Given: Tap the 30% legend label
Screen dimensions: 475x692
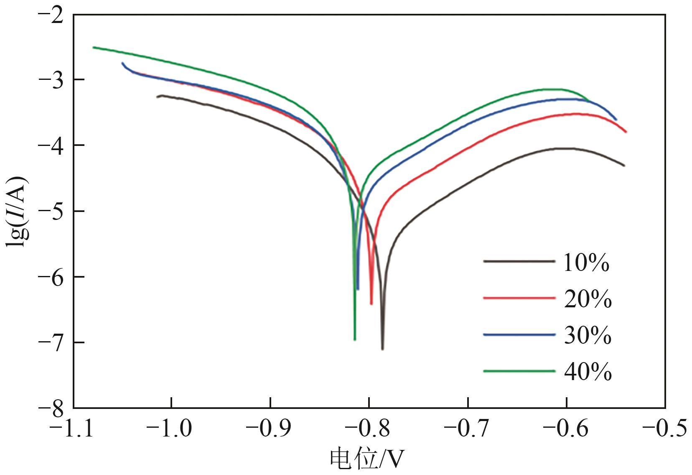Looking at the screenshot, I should [x=588, y=335].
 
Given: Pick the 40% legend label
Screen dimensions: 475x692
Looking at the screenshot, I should [x=588, y=371].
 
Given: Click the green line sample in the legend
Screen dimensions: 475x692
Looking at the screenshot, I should [x=519, y=370].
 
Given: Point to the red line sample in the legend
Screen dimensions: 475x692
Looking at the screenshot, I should [x=519, y=298].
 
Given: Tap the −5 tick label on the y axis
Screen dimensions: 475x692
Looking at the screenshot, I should [x=51, y=211].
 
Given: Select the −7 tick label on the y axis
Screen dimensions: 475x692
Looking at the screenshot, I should [x=51, y=342].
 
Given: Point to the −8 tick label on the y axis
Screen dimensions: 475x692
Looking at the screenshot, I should [x=51, y=407].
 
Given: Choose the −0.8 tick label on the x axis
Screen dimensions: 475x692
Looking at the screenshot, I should [x=369, y=429].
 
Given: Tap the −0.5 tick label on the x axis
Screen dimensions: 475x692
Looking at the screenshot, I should [x=664, y=429].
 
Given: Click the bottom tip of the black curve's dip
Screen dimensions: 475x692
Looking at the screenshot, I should [x=382, y=349].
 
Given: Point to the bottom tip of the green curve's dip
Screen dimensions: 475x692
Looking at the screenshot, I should [x=355, y=340].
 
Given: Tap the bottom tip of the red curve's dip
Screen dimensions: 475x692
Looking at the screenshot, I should [x=371, y=304].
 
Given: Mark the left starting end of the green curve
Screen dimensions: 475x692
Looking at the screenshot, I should [x=93, y=47].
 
